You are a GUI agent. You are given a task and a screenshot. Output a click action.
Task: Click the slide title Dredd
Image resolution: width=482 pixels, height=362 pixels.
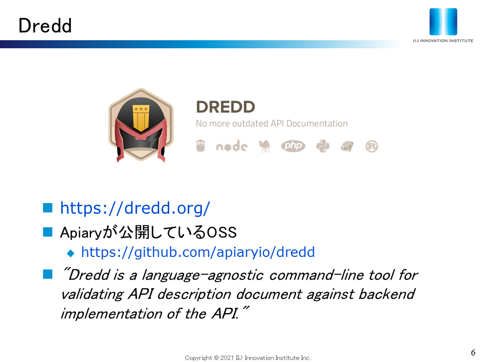click(45, 25)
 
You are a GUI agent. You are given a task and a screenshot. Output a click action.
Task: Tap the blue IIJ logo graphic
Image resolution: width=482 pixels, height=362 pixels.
click(443, 22)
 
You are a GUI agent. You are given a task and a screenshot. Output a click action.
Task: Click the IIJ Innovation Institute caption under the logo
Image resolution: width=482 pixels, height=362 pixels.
click(443, 41)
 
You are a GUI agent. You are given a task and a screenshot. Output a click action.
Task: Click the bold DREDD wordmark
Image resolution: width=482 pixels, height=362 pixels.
click(225, 107)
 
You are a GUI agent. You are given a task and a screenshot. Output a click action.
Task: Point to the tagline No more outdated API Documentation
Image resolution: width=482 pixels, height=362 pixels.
click(272, 124)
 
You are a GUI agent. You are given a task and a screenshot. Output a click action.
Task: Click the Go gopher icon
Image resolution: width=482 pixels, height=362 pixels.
click(200, 146)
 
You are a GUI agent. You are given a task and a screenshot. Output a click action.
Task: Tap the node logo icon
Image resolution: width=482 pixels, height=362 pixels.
click(232, 146)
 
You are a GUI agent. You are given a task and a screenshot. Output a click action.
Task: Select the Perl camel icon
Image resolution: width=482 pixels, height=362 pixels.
click(265, 146)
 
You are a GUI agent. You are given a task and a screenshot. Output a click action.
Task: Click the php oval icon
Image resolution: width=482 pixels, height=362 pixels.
click(293, 146)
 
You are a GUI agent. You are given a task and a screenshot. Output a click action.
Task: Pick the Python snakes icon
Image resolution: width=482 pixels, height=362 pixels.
click(323, 146)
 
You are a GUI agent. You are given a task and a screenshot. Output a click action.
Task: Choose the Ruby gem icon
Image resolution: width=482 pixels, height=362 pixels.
click(347, 146)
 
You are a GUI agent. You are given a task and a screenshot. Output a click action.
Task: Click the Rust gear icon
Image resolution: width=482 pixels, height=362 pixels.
click(372, 146)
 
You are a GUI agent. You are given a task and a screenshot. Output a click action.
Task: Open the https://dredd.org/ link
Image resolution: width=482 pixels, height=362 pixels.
click(135, 208)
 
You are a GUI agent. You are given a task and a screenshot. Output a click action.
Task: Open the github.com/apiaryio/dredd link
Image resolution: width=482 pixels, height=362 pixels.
click(198, 252)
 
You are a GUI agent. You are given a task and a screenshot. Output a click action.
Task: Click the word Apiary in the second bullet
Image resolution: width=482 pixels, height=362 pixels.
click(80, 232)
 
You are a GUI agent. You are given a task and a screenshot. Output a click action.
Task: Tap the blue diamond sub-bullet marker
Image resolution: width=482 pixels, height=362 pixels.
click(71, 253)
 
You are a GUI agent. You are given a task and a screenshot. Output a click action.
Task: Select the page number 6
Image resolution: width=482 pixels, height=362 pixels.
click(473, 352)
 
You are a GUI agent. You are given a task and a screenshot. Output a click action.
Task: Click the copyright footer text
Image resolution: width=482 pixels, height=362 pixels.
click(248, 357)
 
